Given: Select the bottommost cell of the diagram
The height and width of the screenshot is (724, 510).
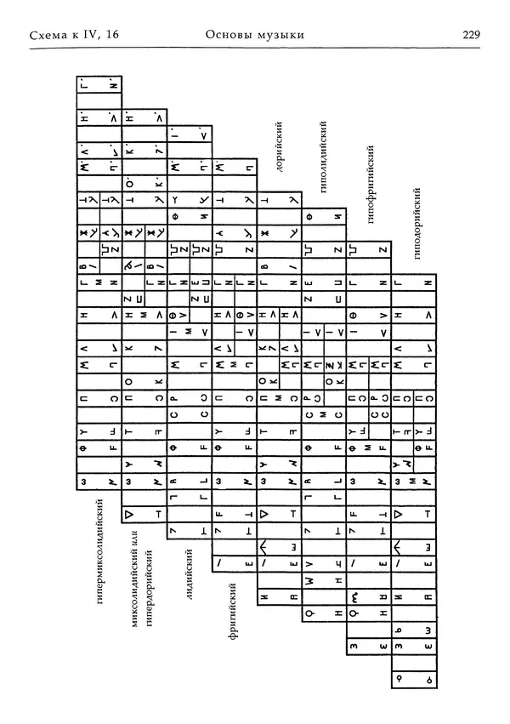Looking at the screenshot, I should pyautogui.click(x=412, y=678).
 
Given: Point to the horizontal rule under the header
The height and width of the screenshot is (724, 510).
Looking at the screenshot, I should pyautogui.click(x=255, y=49).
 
